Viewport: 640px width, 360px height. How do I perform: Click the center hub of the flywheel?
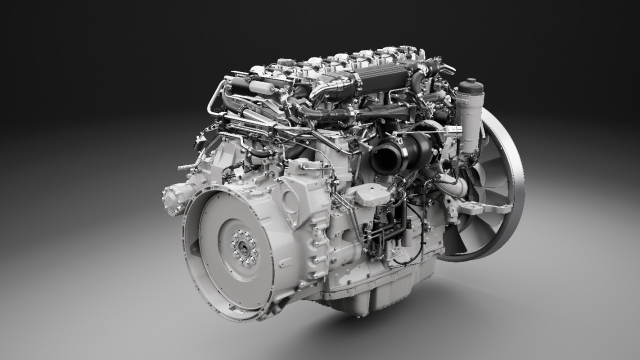pos(243,246)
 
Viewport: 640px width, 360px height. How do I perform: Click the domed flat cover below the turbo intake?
pos(367,194)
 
